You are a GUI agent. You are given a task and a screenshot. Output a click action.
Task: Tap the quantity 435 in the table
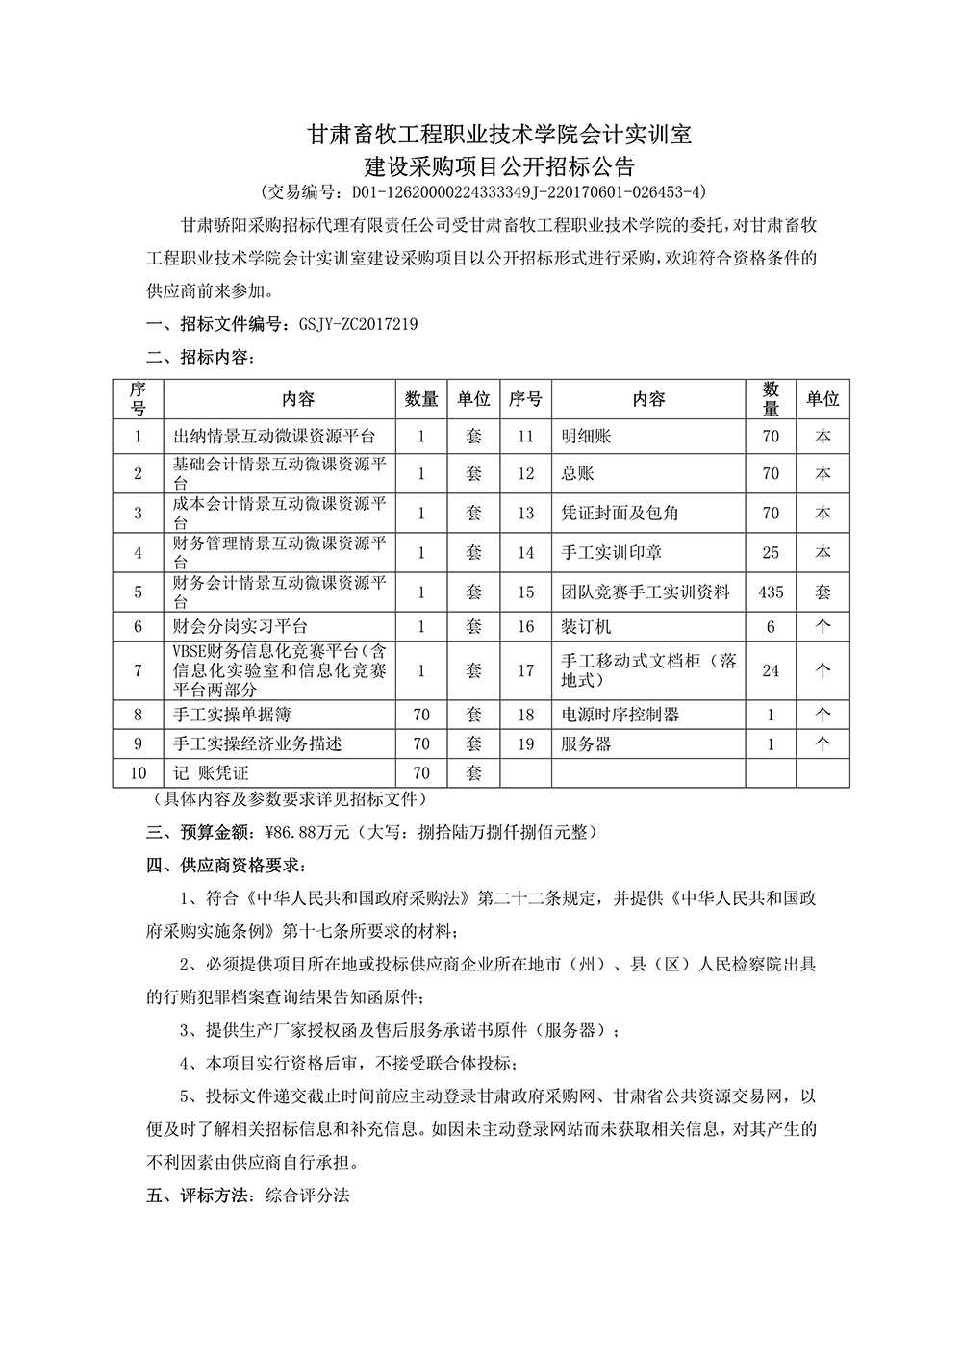click(x=771, y=592)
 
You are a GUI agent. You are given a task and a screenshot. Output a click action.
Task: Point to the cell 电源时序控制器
click(x=620, y=715)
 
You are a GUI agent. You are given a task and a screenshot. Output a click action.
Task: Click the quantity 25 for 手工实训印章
click(x=771, y=553)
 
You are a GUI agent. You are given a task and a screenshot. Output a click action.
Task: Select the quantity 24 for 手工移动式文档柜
click(x=771, y=670)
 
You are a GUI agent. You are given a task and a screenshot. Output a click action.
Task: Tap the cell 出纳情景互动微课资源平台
click(x=273, y=436)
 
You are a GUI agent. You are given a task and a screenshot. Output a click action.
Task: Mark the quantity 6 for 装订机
click(x=771, y=626)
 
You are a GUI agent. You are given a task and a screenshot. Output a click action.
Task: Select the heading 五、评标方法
click(x=200, y=1196)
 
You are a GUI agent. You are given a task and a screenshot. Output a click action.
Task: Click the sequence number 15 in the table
click(x=525, y=592)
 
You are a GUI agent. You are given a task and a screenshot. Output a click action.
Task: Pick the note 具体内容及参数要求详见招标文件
click(x=288, y=799)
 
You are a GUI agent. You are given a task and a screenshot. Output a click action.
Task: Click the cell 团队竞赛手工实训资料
click(x=646, y=592)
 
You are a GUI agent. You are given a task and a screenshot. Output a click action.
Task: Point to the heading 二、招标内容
click(x=200, y=358)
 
